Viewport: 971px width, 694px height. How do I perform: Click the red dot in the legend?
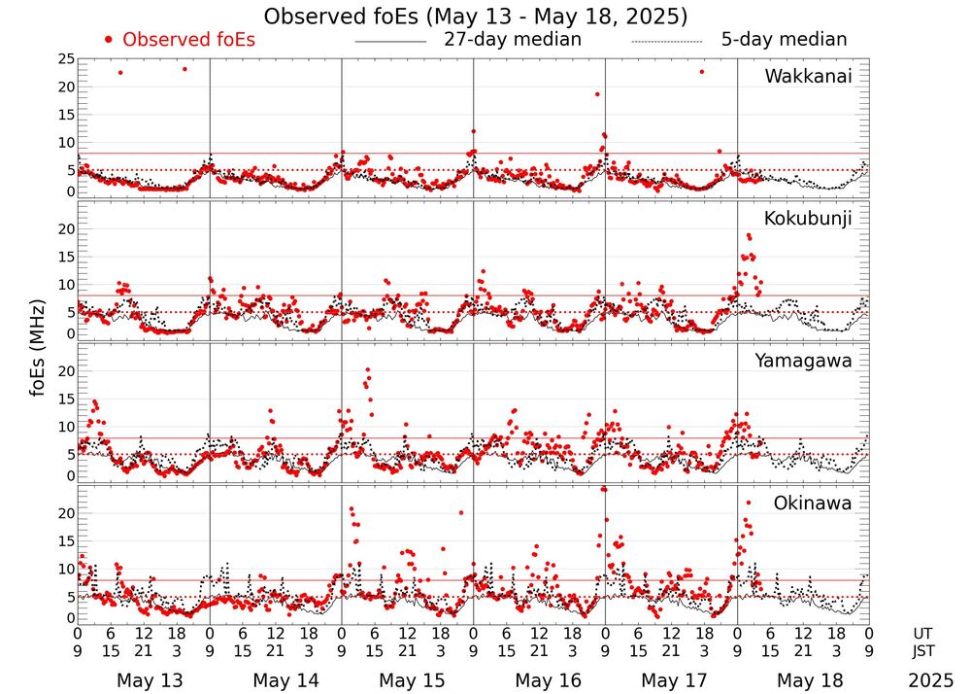pos(109,40)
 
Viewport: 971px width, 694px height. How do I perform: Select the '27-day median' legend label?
pos(513,40)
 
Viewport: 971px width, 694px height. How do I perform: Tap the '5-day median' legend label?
pos(784,40)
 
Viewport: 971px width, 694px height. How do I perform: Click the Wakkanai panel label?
pos(808,77)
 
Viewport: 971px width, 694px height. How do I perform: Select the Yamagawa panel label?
pos(804,361)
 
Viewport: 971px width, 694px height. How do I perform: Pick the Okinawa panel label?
pos(813,503)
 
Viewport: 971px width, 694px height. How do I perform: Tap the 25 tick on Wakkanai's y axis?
pos(66,59)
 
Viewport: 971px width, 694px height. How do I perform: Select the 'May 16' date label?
pos(548,680)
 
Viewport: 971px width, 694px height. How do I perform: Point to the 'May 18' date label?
pos(812,680)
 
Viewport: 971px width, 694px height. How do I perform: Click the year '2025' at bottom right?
pos(931,680)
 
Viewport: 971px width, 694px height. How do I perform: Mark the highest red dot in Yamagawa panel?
pos(367,370)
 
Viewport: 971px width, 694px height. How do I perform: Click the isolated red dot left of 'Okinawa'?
pos(749,502)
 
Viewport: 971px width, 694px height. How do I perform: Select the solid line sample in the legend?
pos(390,42)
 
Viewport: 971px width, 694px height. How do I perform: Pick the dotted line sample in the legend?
pos(666,42)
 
